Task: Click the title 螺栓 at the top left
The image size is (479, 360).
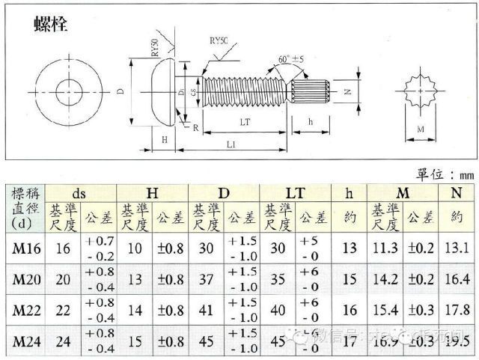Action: (x=51, y=24)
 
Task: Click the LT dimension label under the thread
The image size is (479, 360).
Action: (x=243, y=121)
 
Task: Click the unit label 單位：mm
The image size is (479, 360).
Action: (x=443, y=174)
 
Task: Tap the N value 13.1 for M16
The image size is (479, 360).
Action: (x=456, y=248)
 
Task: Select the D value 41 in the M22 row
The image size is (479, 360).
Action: (x=206, y=310)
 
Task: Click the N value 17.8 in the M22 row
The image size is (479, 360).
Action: (x=456, y=310)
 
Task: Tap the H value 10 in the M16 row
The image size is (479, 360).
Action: (x=133, y=248)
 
